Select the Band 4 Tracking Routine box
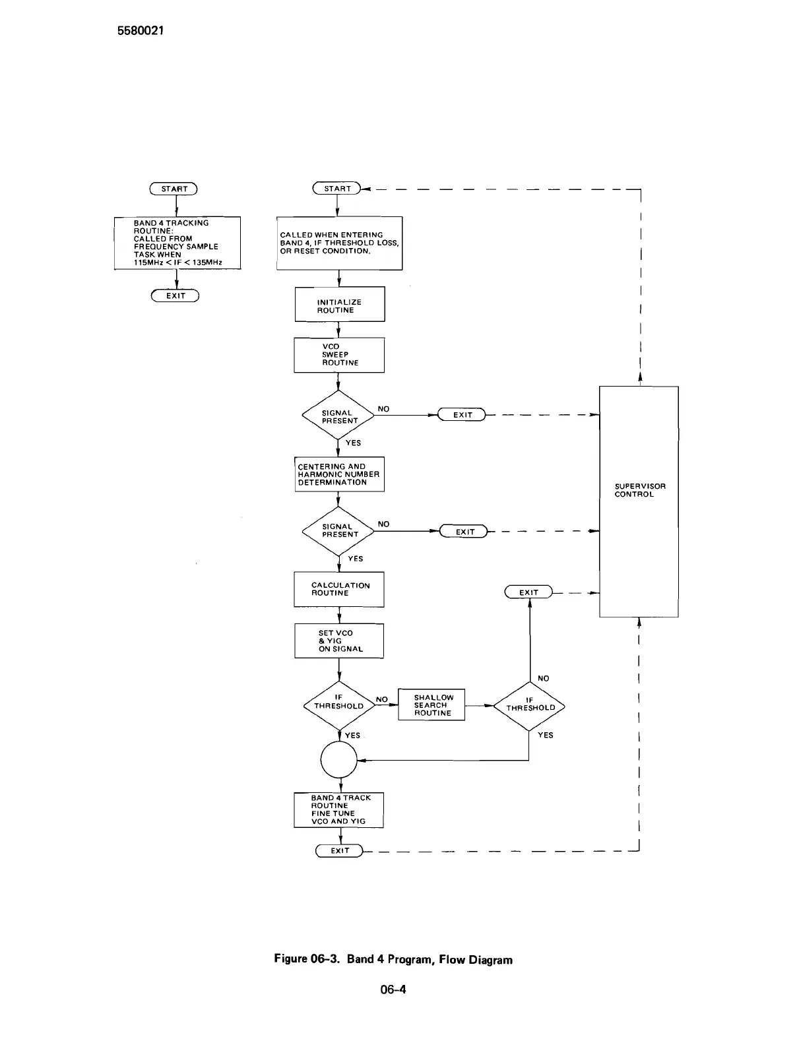coord(177,243)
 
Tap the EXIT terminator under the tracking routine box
coord(175,296)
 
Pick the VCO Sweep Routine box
coord(339,355)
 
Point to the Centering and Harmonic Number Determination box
coord(339,474)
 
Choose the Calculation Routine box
coord(339,589)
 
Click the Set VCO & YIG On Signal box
coord(339,641)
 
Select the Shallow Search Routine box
coord(431,705)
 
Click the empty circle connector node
coord(338,760)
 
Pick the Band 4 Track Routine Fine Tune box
coord(338,810)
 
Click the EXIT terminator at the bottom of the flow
coord(340,851)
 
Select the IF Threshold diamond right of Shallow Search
coord(530,707)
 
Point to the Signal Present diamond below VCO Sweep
coord(338,416)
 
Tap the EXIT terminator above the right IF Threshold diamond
coord(528,592)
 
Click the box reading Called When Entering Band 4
coord(339,243)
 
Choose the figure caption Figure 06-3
coord(393,959)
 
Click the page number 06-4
coord(393,989)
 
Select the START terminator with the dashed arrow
coord(337,189)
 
